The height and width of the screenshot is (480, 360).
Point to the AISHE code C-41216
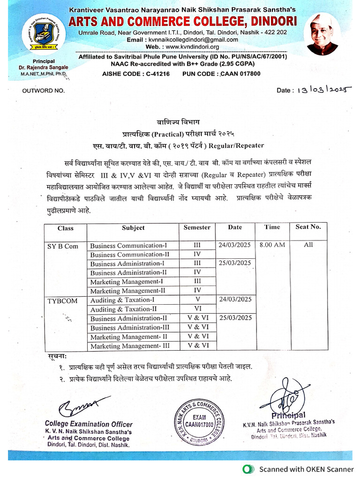[x=135, y=74]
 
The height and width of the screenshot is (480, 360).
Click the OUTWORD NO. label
[x=44, y=90]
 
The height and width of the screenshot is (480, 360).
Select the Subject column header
[x=133, y=228]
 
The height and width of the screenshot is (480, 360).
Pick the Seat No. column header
[x=308, y=227]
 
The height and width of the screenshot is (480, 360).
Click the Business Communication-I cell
[x=128, y=245]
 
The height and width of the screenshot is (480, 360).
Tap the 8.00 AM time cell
[x=272, y=245]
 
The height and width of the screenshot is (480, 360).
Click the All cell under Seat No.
[x=308, y=245]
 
